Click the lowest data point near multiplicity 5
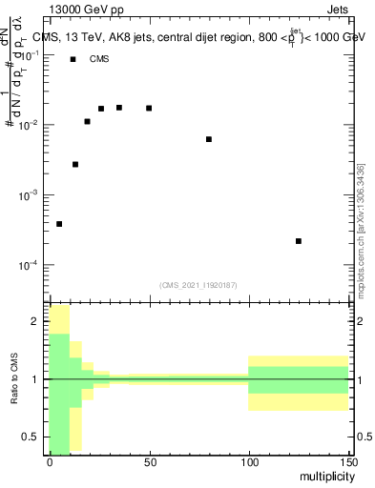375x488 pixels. [59, 224]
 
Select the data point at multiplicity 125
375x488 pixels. [299, 241]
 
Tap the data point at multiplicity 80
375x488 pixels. [209, 139]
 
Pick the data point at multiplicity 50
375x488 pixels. [149, 108]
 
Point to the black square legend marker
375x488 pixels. [73, 59]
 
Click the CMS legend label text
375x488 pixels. [99, 59]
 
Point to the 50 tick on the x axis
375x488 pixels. [149, 461]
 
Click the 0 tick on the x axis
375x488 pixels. [50, 461]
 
